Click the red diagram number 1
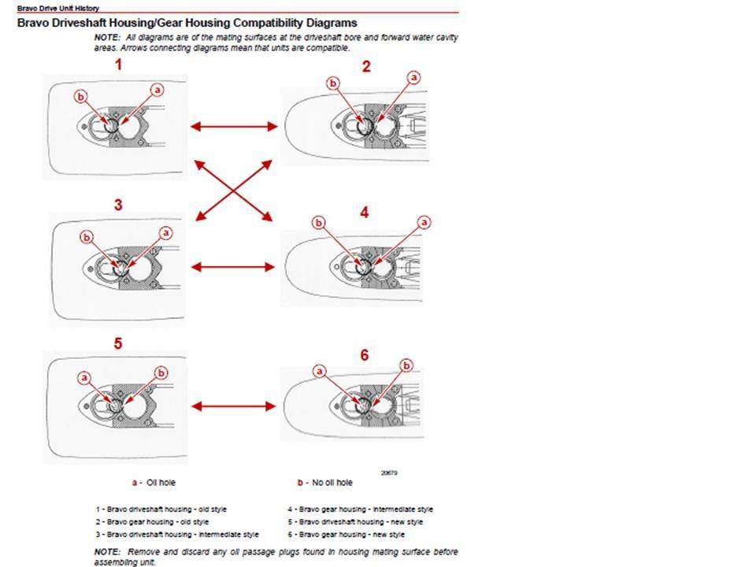(x=118, y=65)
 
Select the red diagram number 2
(x=366, y=66)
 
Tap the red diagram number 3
(x=118, y=205)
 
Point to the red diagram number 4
(x=364, y=212)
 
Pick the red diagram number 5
(x=118, y=343)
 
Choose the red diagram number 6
(x=365, y=355)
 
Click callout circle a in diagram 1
(x=157, y=90)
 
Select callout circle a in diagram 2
(x=414, y=77)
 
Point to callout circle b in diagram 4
(x=319, y=223)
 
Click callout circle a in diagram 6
(x=320, y=369)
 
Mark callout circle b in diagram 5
(x=161, y=372)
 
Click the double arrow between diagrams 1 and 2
(x=235, y=126)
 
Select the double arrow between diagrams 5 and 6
(x=235, y=406)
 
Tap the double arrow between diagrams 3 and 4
(x=235, y=268)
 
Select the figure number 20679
(x=388, y=472)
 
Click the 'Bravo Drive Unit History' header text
(x=58, y=8)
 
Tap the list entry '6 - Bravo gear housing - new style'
(x=346, y=534)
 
